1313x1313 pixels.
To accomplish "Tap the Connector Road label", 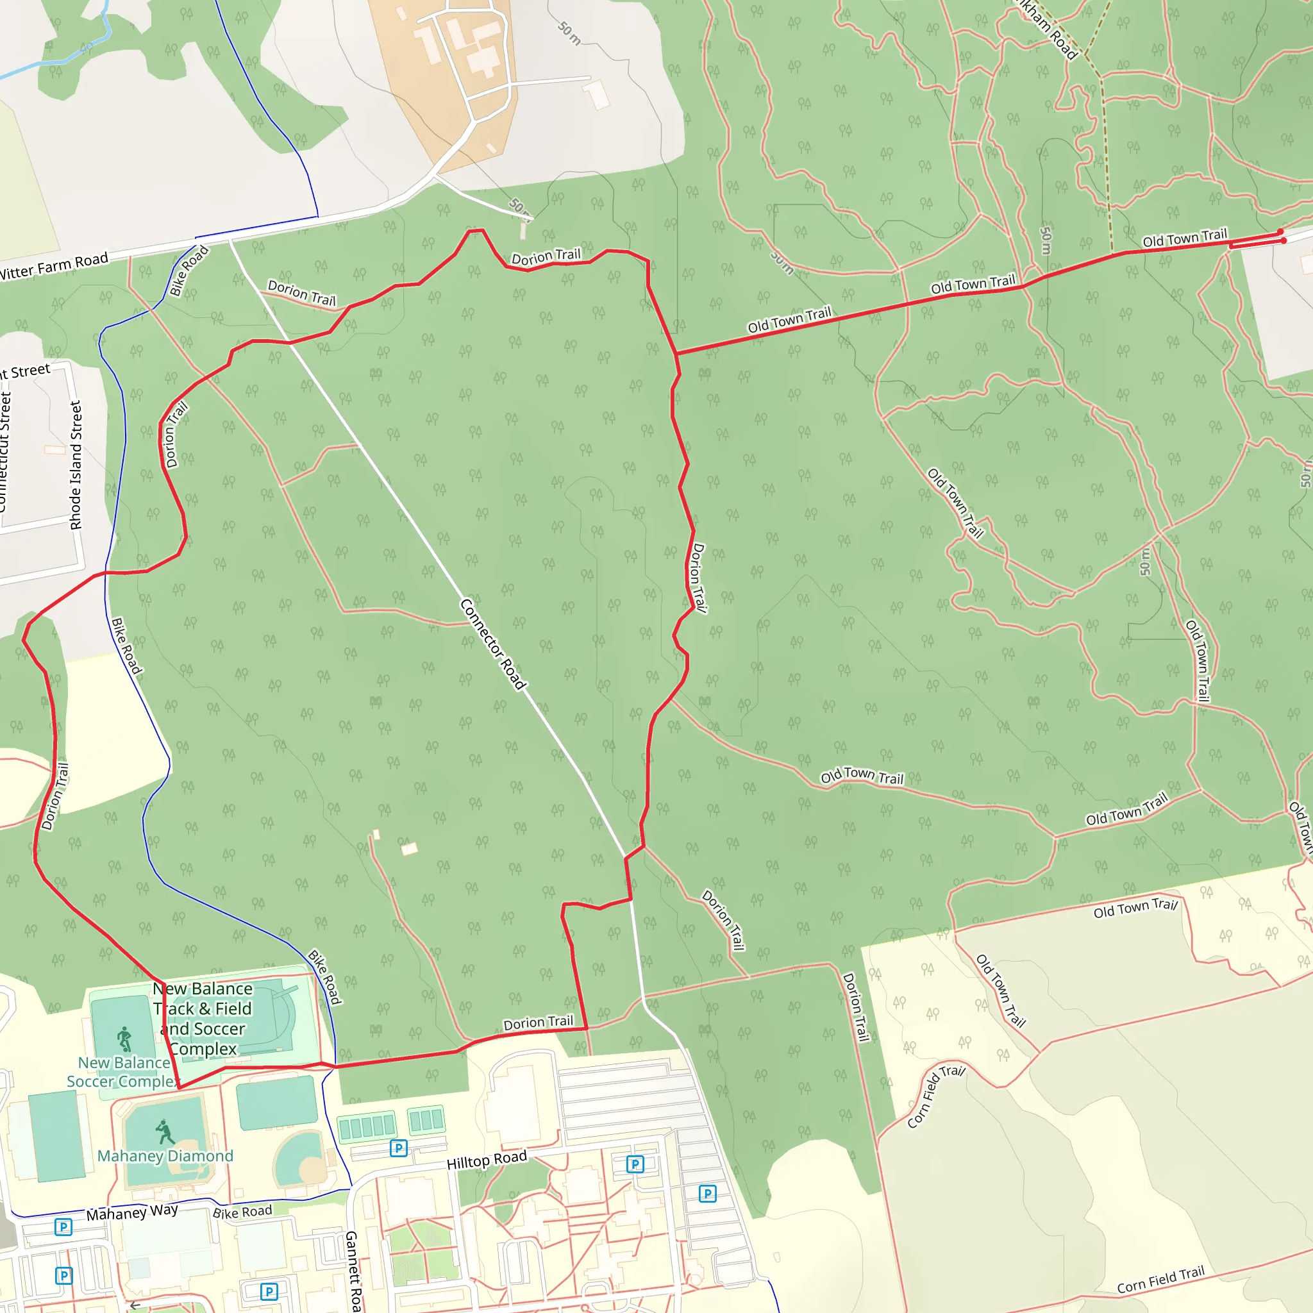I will click(x=493, y=644).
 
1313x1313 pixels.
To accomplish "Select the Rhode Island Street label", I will click(x=76, y=465).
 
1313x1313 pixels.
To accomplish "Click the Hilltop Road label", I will click(x=487, y=1160).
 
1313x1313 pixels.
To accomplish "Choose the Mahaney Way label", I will click(x=132, y=1212).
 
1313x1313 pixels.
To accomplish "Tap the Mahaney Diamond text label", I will click(x=165, y=1156).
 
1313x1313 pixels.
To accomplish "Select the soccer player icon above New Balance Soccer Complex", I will click(x=124, y=1039).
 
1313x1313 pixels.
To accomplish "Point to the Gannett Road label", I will click(x=352, y=1271).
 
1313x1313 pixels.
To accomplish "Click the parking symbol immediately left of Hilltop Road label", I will click(x=398, y=1148).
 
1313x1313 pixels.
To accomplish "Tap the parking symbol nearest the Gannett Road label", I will click(x=269, y=1291).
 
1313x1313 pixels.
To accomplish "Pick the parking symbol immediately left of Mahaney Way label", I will click(x=63, y=1226).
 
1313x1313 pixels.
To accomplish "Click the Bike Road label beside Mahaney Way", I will click(x=242, y=1212).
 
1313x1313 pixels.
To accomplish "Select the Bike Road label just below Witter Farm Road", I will click(x=188, y=271).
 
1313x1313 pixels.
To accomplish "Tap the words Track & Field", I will click(x=203, y=1008).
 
